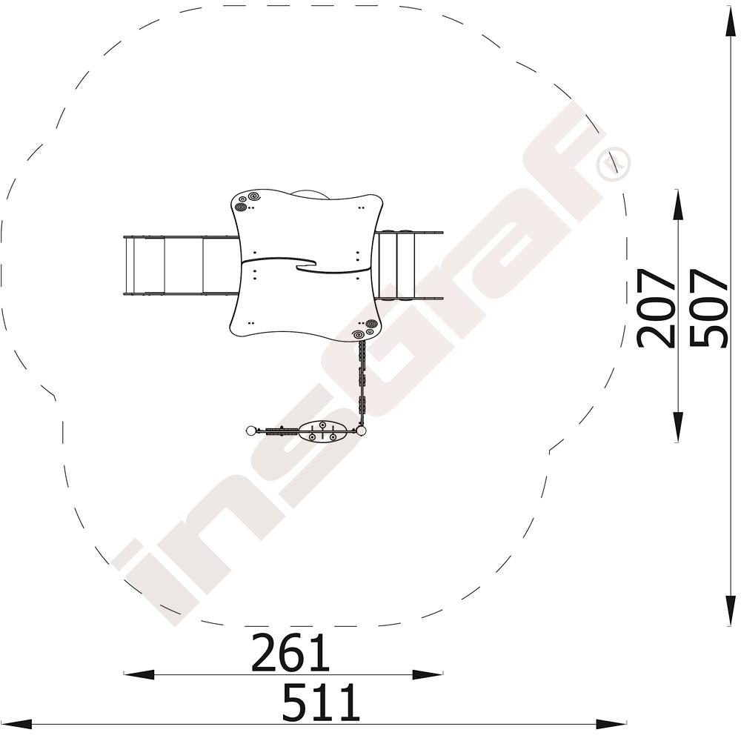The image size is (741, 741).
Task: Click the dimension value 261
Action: pos(290,653)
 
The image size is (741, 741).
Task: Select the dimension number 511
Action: pos(321,701)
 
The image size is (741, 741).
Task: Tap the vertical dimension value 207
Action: pos(656,308)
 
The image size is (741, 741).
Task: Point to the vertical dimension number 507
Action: pos(708,308)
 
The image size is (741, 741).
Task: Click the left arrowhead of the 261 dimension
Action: pos(139,674)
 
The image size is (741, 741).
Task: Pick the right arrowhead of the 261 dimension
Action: pos(428,674)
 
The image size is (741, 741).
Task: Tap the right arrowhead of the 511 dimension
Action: pos(611,723)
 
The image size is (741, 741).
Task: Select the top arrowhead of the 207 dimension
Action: pos(678,205)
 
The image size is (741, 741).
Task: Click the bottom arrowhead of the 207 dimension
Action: pos(678,427)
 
